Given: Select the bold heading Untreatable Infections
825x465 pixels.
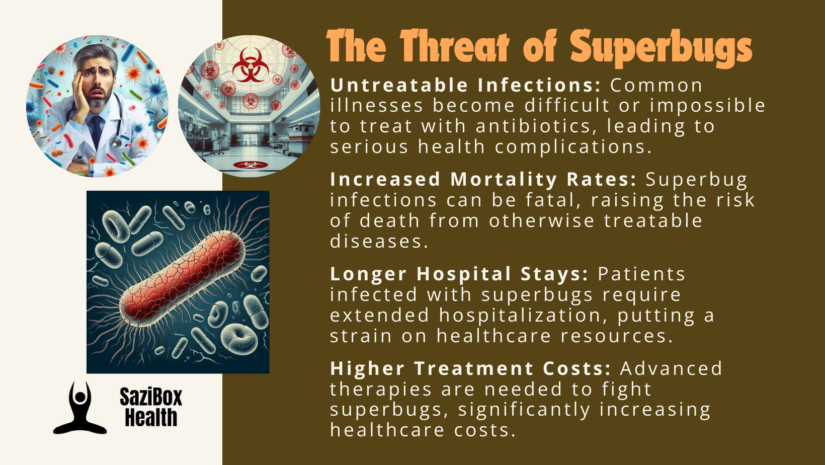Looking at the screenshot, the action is pyautogui.click(x=466, y=85).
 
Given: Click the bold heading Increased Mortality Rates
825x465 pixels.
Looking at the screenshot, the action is pyautogui.click(x=483, y=180).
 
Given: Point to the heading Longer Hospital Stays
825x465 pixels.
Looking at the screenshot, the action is pyautogui.click(x=459, y=274).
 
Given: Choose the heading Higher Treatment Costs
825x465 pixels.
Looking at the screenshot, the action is pyautogui.click(x=471, y=368).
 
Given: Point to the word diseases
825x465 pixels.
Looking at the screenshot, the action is pyautogui.click(x=379, y=242).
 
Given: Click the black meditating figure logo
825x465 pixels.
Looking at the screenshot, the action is pyautogui.click(x=80, y=408).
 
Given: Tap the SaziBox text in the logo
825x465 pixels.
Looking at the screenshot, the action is pyautogui.click(x=151, y=397).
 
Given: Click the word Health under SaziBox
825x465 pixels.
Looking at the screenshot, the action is pyautogui.click(x=151, y=417).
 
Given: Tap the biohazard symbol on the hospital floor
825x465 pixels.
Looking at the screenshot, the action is pyautogui.click(x=251, y=165).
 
